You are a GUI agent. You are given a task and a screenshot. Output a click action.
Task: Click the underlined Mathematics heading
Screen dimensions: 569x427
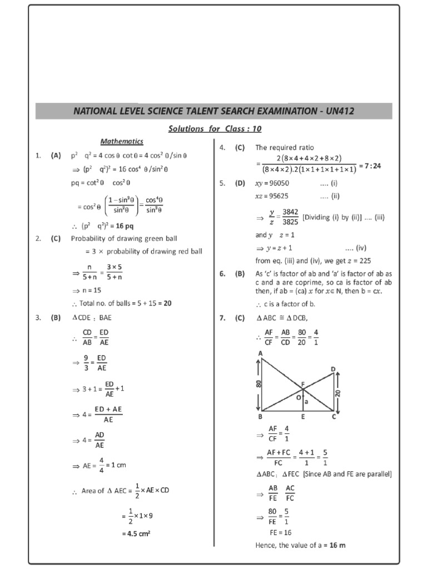click(122, 141)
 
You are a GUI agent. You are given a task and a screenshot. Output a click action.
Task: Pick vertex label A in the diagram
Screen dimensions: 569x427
click(260, 353)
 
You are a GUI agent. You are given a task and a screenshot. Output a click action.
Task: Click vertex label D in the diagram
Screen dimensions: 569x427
click(333, 370)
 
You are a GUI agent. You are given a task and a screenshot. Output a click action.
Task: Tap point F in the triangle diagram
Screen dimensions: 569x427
click(303, 384)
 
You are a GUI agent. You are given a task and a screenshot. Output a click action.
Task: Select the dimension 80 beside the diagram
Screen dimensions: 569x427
click(259, 384)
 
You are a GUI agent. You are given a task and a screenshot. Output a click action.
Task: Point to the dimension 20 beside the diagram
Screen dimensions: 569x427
click(337, 393)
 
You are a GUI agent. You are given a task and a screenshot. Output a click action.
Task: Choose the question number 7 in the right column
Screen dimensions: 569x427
click(221, 318)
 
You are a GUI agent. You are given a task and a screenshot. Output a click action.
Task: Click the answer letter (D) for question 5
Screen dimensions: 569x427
click(240, 183)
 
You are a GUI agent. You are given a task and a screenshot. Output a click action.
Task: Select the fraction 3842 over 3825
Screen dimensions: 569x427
click(290, 217)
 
